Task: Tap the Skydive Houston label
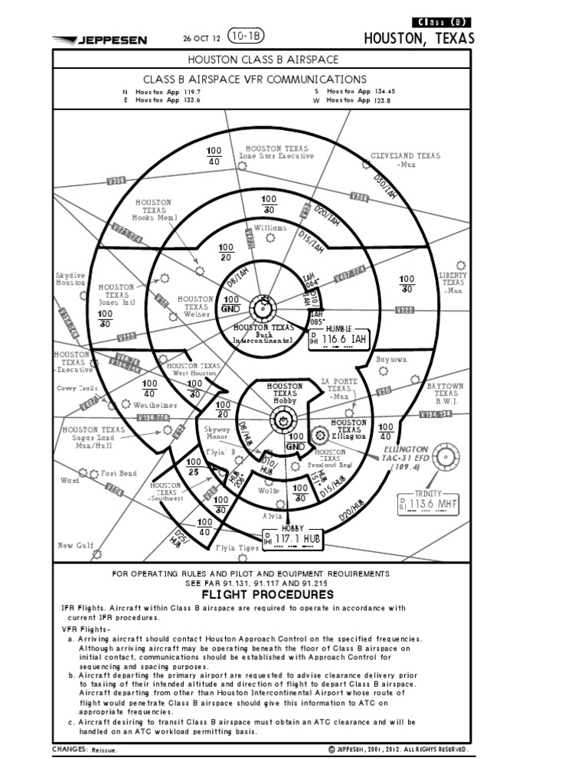tap(70, 279)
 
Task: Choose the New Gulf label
tap(77, 545)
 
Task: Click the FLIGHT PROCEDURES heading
tap(267, 595)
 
